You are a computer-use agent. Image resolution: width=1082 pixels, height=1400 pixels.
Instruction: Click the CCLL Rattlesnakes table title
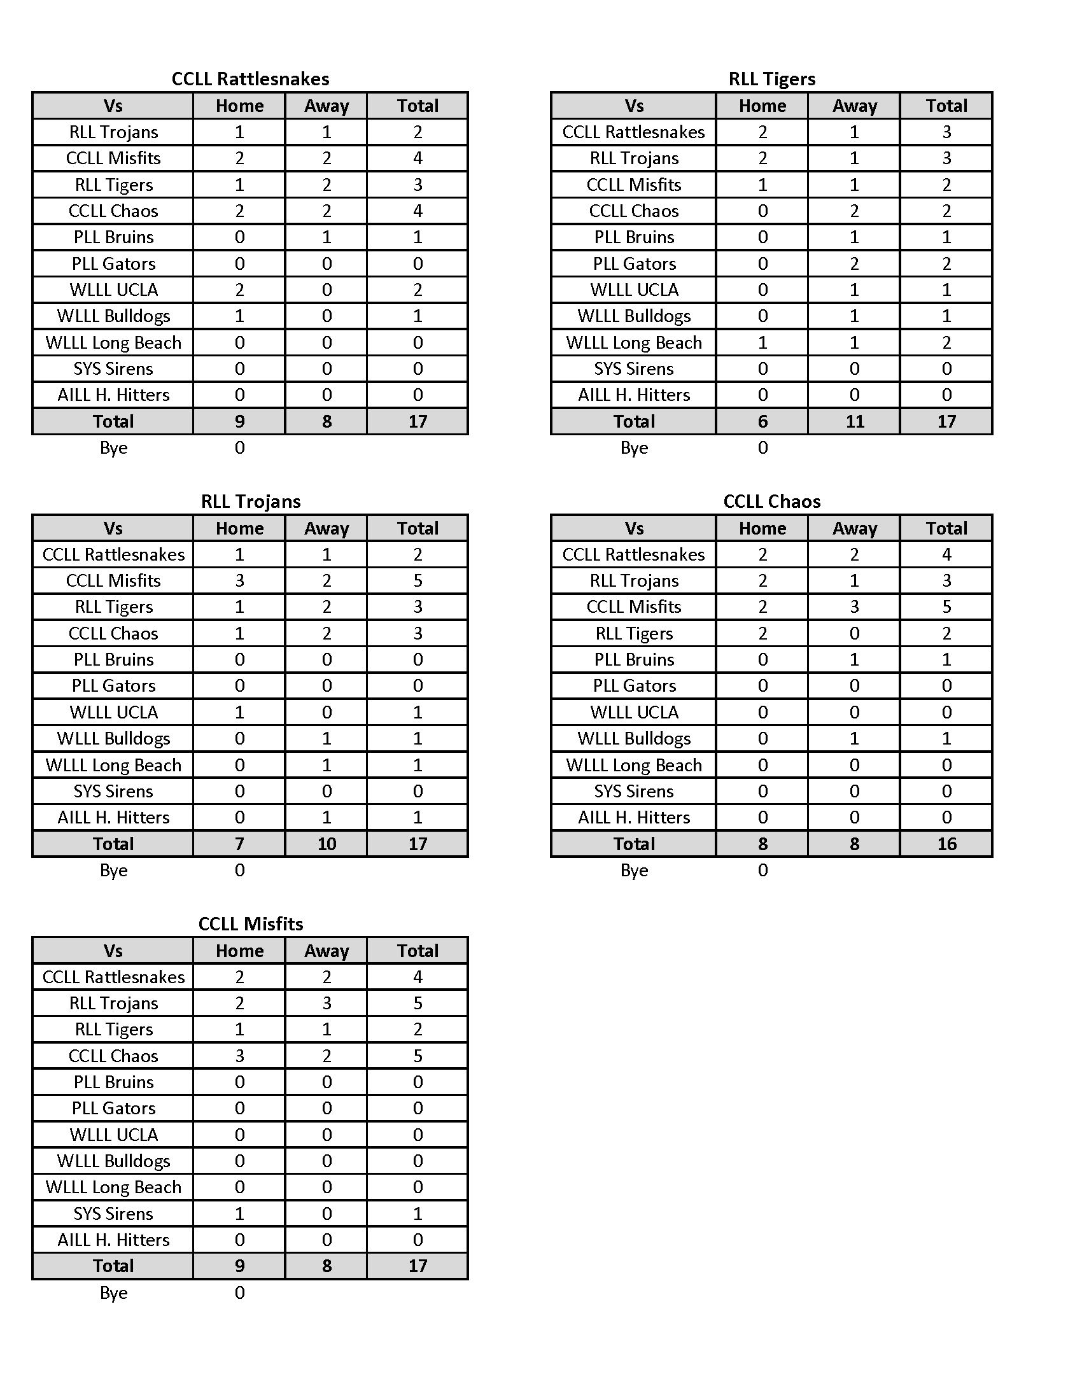coord(250,79)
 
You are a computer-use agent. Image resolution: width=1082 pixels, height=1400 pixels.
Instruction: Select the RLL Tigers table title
coord(772,79)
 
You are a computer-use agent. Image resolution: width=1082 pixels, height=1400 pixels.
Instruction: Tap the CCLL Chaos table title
coord(772,501)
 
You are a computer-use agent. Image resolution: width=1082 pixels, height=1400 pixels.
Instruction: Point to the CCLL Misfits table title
coord(250,924)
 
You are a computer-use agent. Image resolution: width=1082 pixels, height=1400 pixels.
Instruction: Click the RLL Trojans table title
coord(250,501)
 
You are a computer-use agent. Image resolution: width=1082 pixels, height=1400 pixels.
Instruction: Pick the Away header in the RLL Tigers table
coord(854,106)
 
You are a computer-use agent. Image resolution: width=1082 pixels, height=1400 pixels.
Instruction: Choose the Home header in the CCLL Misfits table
coord(239,951)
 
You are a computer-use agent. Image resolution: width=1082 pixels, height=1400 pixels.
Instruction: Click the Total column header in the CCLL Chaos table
coord(946,528)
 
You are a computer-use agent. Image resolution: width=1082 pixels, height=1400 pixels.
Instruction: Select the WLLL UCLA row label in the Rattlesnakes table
coord(113,290)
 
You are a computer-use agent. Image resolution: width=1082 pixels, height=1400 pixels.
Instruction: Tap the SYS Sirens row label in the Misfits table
coord(113,1214)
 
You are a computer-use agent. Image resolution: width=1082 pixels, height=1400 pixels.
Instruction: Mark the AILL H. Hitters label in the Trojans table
coord(113,817)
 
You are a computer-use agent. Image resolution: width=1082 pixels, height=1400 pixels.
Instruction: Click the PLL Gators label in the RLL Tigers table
coord(634,263)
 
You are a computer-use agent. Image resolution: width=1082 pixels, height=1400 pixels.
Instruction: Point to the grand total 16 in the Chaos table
coord(946,844)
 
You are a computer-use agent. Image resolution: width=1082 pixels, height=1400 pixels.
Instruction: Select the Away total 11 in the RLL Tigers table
coord(854,421)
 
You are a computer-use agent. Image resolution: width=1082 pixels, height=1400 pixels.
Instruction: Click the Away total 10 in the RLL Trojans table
coord(327,844)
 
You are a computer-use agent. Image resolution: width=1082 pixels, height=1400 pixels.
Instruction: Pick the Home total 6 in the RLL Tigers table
coord(762,421)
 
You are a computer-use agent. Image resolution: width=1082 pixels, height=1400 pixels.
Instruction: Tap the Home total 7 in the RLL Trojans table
coord(239,844)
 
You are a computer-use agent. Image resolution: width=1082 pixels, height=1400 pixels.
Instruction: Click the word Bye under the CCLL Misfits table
coord(113,1292)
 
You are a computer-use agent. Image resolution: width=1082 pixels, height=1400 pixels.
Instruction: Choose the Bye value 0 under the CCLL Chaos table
coord(762,870)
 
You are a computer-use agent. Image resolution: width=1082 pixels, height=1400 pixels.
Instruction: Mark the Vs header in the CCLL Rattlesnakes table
coord(113,106)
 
